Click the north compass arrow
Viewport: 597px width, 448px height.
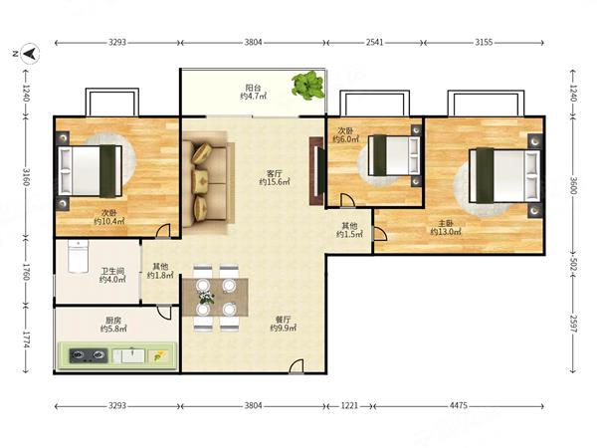click(30, 54)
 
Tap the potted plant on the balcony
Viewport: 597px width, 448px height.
click(308, 85)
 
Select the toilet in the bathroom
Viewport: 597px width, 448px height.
click(78, 256)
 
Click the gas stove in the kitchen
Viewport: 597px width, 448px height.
click(88, 355)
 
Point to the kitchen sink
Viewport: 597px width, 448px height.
click(128, 355)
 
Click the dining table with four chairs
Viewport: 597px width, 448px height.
click(216, 297)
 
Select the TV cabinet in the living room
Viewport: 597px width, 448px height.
click(317, 170)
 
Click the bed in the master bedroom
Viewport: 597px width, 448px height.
click(504, 175)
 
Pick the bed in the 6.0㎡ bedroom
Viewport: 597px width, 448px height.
click(394, 155)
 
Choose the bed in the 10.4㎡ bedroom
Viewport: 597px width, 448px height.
click(91, 171)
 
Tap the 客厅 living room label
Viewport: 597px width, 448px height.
click(275, 173)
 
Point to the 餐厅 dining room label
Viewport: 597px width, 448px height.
click(284, 320)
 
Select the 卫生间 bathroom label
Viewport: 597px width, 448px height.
click(112, 271)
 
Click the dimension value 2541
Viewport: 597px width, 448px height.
click(375, 42)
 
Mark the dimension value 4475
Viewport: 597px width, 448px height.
click(459, 406)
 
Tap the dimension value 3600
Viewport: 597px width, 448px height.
click(573, 185)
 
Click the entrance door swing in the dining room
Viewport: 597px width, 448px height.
click(297, 366)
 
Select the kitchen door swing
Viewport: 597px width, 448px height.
click(164, 312)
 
